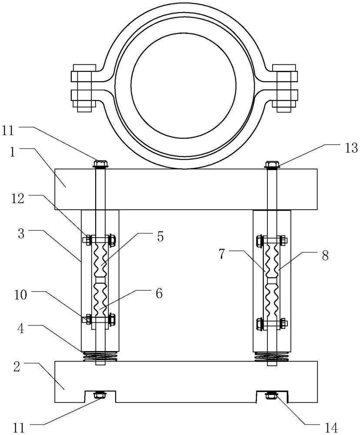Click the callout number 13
tap(351, 148)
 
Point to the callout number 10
tap(20, 295)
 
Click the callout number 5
tap(160, 237)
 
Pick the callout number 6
tap(159, 294)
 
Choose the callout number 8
tap(325, 255)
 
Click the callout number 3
tap(21, 234)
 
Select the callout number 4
tap(21, 328)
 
